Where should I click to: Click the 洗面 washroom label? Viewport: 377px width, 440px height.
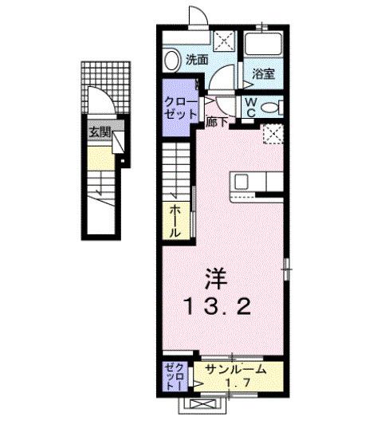pyautogui.click(x=198, y=59)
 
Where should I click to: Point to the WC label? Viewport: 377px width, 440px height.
pyautogui.click(x=250, y=107)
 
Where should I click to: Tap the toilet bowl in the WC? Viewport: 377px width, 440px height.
pyautogui.click(x=269, y=107)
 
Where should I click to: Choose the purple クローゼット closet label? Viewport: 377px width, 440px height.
pyautogui.click(x=180, y=107)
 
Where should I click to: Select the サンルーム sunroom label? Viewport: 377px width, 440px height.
pyautogui.click(x=231, y=371)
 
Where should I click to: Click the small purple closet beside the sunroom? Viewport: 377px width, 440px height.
pyautogui.click(x=173, y=376)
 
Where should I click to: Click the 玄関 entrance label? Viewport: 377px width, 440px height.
pyautogui.click(x=99, y=132)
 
